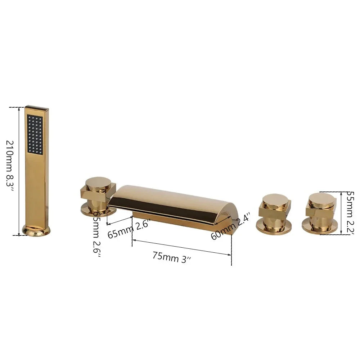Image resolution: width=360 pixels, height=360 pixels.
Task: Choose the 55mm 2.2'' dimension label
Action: point(350,212)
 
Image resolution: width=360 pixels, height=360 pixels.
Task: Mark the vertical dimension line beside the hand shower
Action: point(19,171)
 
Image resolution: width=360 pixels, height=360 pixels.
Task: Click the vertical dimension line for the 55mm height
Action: point(341,213)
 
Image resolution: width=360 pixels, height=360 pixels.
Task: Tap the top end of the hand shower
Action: point(36,108)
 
